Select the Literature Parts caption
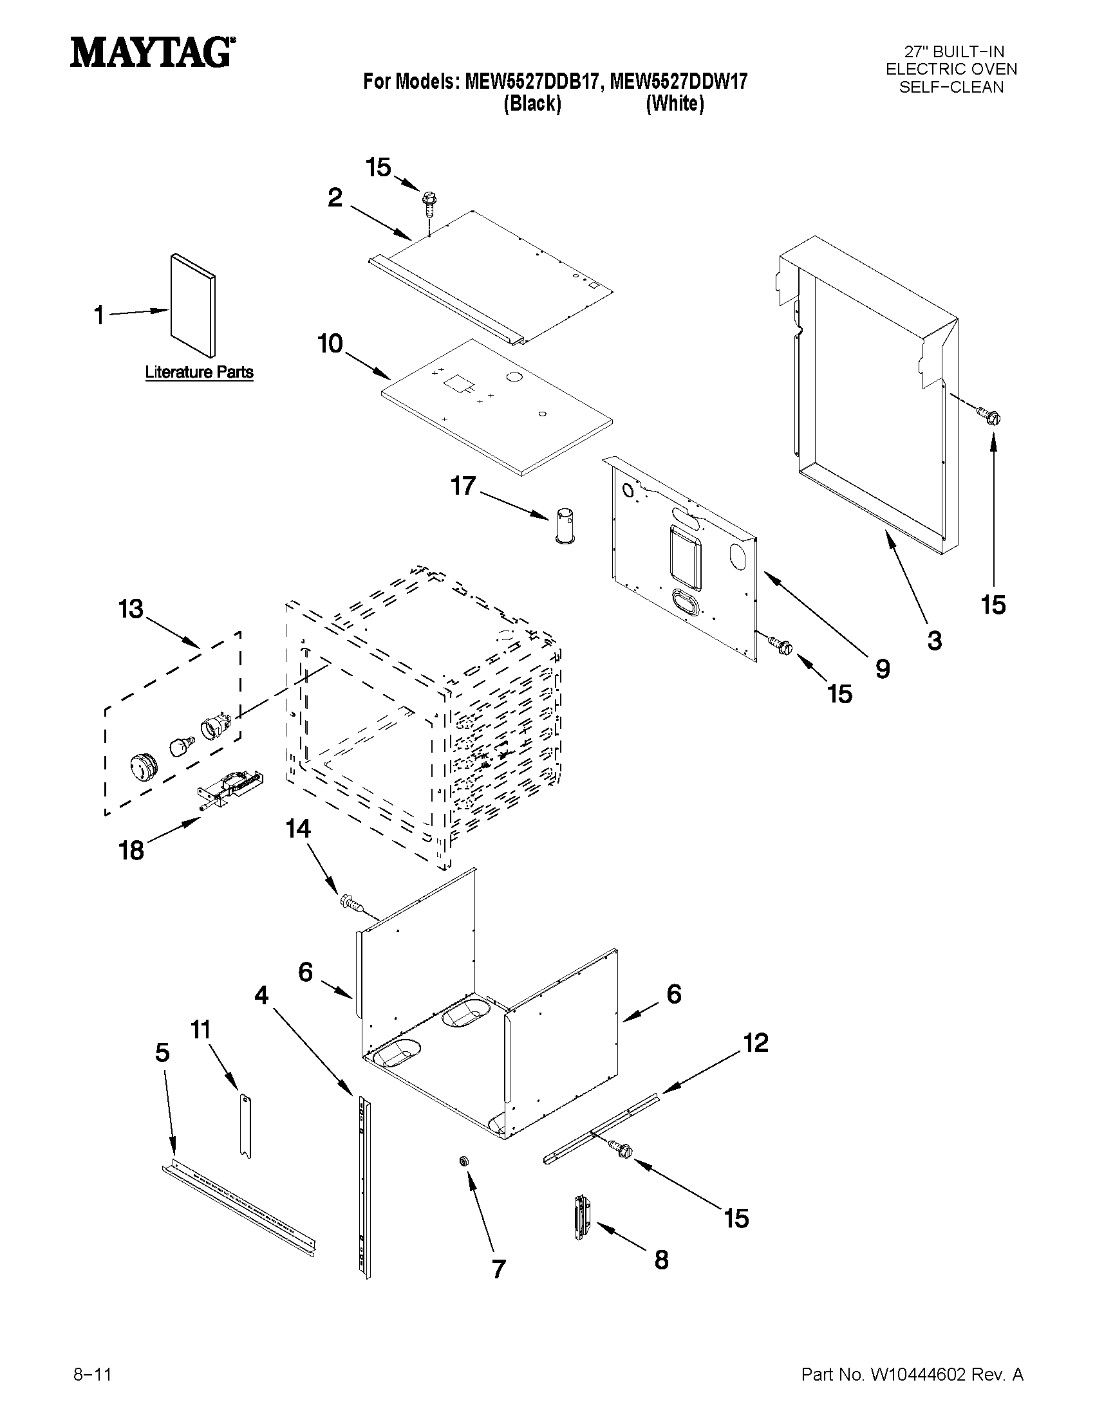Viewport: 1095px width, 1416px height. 198,372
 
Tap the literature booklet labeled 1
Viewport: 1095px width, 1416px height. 192,306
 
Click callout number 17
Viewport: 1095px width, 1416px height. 463,486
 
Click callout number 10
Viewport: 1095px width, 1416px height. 330,344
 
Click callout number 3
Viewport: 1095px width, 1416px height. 934,641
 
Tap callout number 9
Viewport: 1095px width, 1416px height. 882,668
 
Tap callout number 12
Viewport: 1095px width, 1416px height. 755,1043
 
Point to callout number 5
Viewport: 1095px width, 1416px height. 162,1053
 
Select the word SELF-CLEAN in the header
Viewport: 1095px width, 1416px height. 951,87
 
